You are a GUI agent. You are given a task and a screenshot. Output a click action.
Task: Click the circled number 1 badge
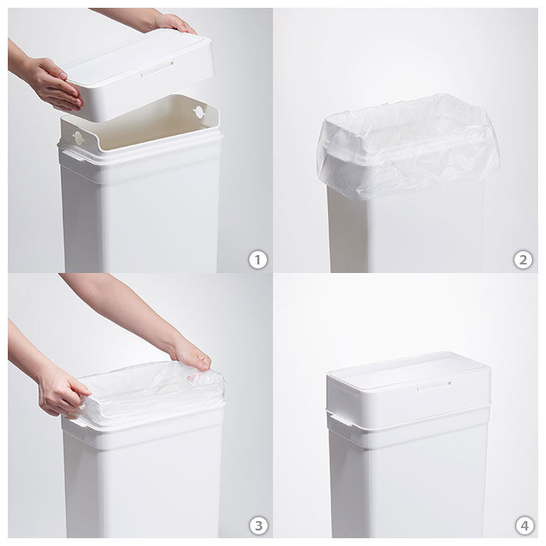click(257, 260)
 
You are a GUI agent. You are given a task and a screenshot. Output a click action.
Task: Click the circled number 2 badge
click(523, 260)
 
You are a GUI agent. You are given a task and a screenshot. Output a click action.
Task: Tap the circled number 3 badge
click(258, 525)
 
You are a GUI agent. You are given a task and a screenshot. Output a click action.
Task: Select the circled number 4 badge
click(524, 525)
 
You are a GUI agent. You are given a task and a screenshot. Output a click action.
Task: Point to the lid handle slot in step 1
click(157, 69)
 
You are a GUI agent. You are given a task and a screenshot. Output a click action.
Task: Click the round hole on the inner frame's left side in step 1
click(78, 138)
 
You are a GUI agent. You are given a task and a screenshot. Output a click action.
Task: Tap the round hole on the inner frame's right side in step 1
click(199, 112)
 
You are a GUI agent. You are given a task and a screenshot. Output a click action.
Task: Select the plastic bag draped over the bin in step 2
click(408, 147)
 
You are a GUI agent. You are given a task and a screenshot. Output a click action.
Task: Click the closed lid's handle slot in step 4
click(433, 386)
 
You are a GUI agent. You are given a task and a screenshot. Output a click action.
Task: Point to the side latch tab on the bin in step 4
click(342, 420)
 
